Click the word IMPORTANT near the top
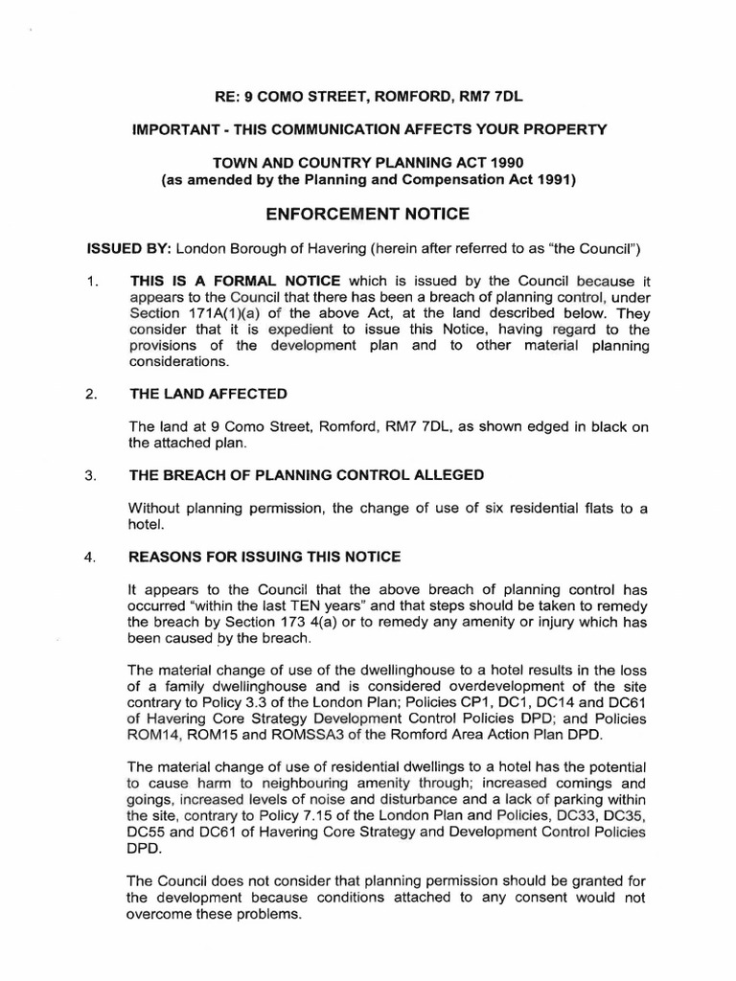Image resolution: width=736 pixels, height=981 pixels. pyautogui.click(x=172, y=128)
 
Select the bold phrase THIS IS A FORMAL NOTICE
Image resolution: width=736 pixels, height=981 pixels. pyautogui.click(x=236, y=282)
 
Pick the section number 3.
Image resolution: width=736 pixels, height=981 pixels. pyautogui.click(x=92, y=475)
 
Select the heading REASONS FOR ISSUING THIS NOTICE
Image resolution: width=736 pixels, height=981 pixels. pyautogui.click(x=265, y=557)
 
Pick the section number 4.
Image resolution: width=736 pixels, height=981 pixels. pyautogui.click(x=92, y=557)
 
